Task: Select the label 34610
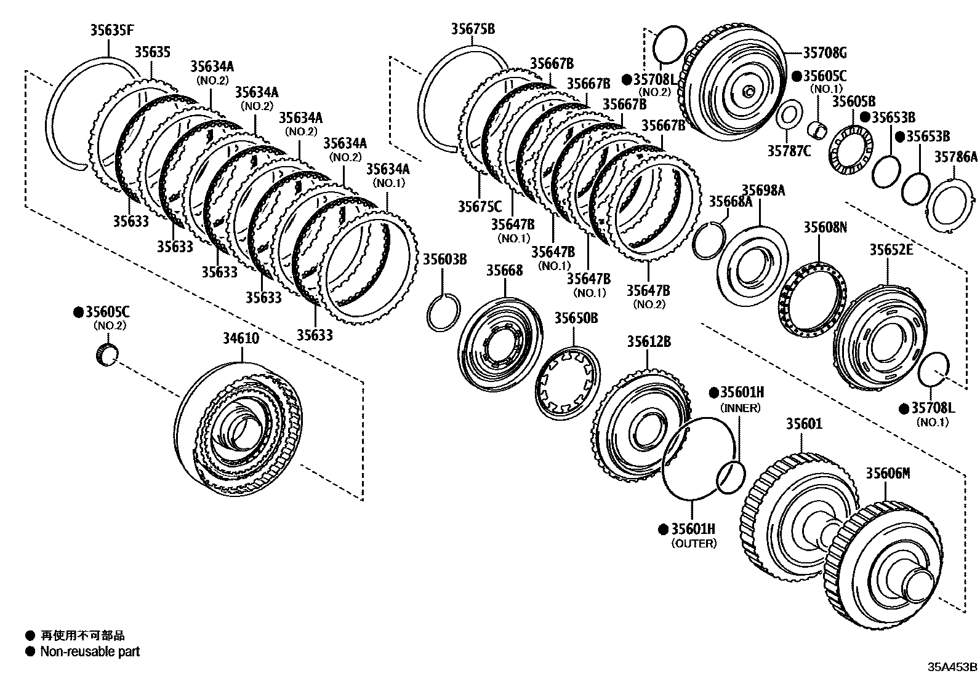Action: [241, 338]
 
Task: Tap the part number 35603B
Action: [444, 259]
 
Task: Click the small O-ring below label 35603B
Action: [443, 312]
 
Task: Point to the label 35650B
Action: [576, 318]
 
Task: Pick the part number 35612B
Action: [649, 341]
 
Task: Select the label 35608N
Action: [825, 227]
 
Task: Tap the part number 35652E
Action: [891, 249]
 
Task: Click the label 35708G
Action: [825, 52]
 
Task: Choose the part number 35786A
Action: [955, 157]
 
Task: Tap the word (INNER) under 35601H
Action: [741, 408]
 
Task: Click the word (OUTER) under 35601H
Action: [694, 544]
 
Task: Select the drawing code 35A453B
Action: [952, 667]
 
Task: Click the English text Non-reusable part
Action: [90, 651]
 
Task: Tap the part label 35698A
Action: [763, 190]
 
